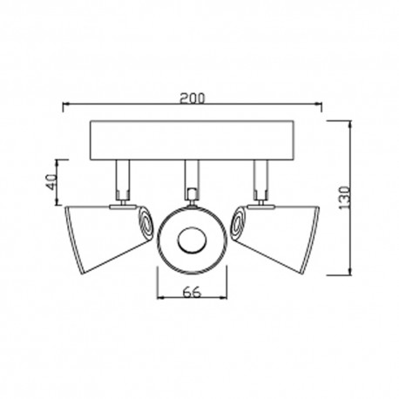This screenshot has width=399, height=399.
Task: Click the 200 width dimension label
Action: (193, 98)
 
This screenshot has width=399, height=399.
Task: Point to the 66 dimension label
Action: (193, 294)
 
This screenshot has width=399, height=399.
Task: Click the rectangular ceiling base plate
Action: (192, 142)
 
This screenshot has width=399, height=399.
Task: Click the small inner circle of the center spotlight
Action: (192, 240)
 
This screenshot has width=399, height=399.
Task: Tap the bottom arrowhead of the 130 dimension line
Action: (350, 273)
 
